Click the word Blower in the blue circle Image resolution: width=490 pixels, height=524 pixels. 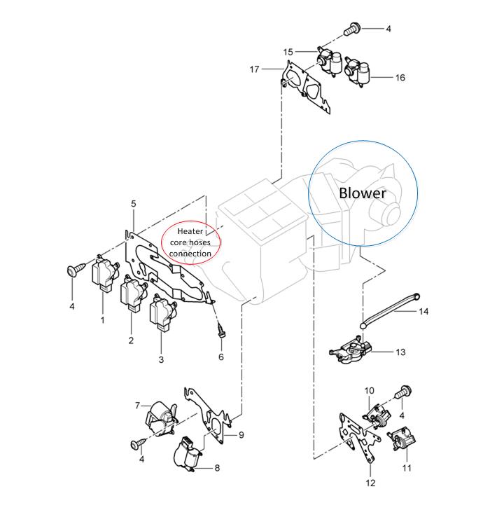coord(363,193)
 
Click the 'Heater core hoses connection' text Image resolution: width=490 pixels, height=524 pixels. coord(190,242)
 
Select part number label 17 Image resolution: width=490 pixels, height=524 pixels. coord(255,69)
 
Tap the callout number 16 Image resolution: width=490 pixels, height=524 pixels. coord(400,78)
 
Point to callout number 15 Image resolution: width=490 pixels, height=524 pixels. coord(288,52)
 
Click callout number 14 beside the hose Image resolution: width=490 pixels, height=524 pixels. coord(423,312)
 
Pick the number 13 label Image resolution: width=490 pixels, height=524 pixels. coord(400,352)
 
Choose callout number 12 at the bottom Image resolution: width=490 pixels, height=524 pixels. coord(370,483)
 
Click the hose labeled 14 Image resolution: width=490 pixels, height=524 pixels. coord(390,311)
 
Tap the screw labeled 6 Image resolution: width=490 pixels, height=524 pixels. coord(221,331)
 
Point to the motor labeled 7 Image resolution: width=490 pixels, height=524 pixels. coord(161,420)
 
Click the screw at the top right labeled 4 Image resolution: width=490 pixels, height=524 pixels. coord(351,29)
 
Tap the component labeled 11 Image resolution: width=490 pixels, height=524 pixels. coord(402,439)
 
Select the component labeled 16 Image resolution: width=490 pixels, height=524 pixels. coord(357,71)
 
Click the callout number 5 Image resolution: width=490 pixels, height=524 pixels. coord(134,204)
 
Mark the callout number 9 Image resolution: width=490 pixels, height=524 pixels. coord(241,435)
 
